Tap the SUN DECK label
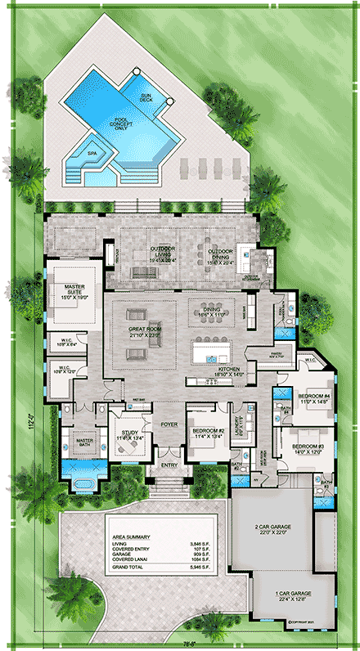pyautogui.click(x=146, y=97)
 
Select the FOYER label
pyautogui.click(x=169, y=424)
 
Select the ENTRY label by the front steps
pyautogui.click(x=169, y=466)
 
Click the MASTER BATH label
pyautogui.click(x=83, y=442)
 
